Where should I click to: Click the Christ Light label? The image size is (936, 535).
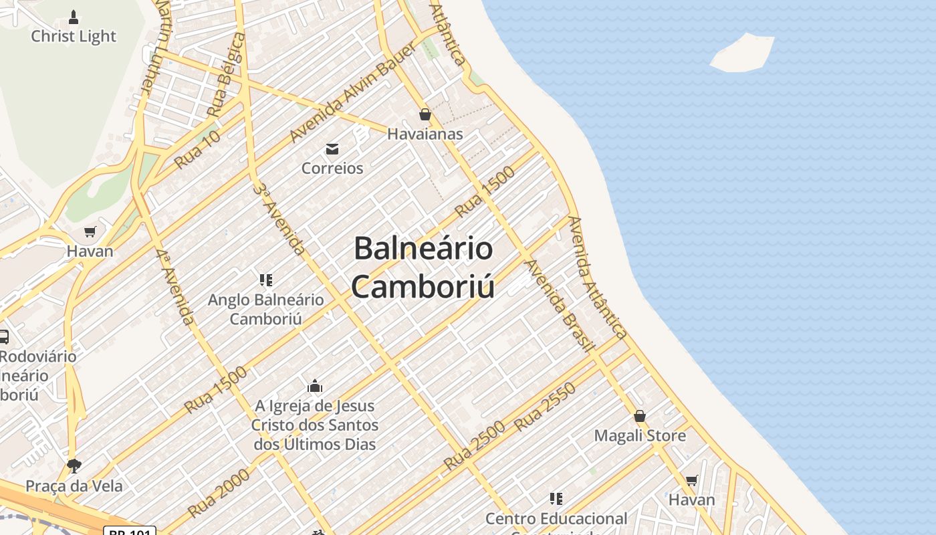click(74, 36)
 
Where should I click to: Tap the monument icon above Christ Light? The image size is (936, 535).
click(74, 17)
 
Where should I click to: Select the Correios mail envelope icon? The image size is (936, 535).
click(332, 148)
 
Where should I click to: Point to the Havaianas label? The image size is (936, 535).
click(425, 134)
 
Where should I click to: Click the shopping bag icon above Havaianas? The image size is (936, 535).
click(425, 115)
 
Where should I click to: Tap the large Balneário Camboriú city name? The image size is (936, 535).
click(423, 267)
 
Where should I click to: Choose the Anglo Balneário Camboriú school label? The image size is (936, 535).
click(266, 309)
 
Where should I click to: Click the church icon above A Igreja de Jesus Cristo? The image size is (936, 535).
click(315, 386)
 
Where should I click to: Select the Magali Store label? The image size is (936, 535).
click(640, 435)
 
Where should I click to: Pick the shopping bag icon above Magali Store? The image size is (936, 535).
click(640, 416)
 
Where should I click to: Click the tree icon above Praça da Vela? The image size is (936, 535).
click(74, 465)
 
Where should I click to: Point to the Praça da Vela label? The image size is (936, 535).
click(74, 486)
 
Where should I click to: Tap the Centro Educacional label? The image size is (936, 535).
click(556, 518)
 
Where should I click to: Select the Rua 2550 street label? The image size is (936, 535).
click(545, 407)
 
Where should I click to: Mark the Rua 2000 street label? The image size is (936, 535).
click(219, 493)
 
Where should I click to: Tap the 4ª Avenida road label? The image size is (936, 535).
click(176, 288)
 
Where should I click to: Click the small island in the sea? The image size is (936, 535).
click(742, 52)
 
